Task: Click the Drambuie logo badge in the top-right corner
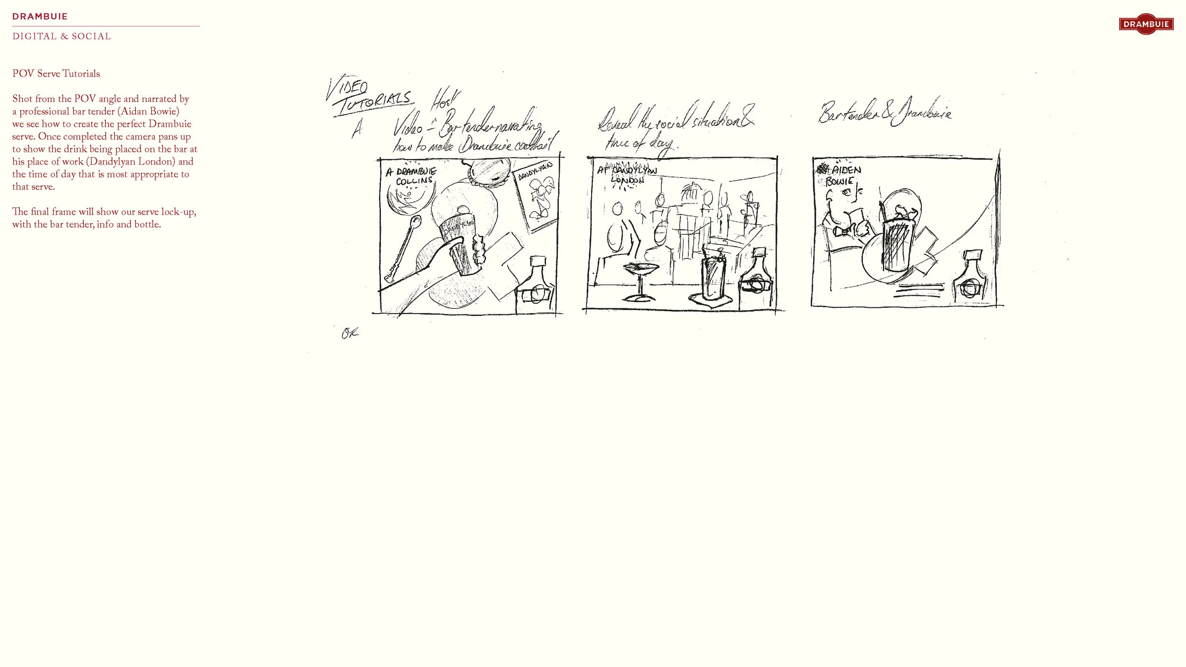click(x=1146, y=24)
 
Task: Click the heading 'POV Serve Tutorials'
click(x=56, y=74)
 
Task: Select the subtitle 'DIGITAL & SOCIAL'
click(x=62, y=37)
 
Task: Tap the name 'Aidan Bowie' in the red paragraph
click(x=148, y=111)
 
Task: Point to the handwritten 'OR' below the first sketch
click(x=350, y=333)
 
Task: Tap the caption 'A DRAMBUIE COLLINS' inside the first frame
click(x=412, y=176)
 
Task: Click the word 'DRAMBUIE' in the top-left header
click(x=40, y=17)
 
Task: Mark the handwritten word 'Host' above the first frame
click(x=445, y=100)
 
